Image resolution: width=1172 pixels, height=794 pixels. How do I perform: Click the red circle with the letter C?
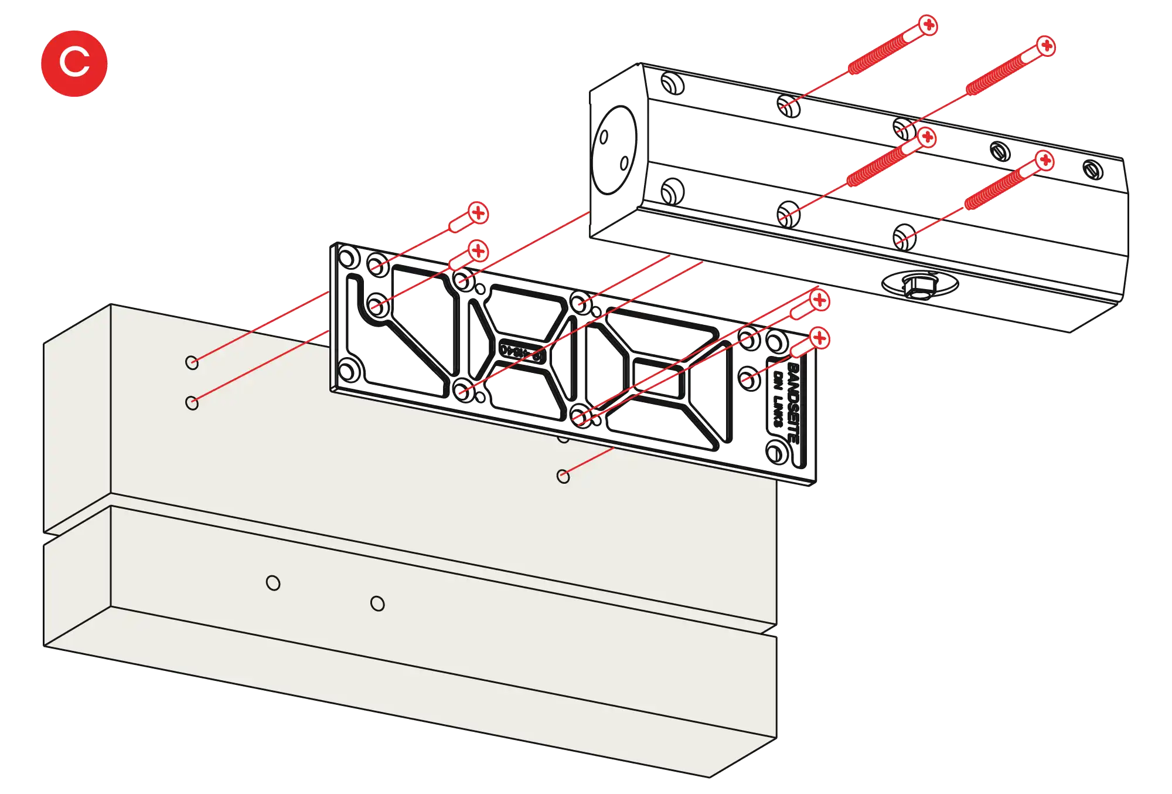[x=74, y=62]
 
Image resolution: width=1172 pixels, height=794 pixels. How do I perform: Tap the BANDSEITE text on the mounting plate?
[x=791, y=402]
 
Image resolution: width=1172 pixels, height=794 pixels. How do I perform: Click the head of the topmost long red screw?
[x=928, y=26]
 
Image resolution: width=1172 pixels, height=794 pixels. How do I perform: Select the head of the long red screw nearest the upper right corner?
[x=1046, y=46]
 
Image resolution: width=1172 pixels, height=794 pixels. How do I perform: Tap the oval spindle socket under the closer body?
[x=921, y=284]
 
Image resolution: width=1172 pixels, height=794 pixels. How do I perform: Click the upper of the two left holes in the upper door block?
[x=192, y=362]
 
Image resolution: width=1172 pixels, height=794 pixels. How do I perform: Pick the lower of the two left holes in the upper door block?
[x=192, y=403]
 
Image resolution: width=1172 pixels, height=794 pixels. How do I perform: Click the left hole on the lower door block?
[x=273, y=583]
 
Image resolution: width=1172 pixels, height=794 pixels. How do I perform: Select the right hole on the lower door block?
[x=378, y=603]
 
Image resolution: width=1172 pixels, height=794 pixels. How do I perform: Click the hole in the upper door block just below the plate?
[x=563, y=476]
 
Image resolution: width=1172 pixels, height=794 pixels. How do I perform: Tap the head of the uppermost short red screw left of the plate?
[x=478, y=212]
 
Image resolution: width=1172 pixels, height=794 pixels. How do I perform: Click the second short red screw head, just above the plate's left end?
[x=478, y=251]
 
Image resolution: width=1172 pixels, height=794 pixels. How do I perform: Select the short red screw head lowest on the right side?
[x=819, y=338]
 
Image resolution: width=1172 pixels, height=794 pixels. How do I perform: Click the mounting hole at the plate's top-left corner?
[x=349, y=257]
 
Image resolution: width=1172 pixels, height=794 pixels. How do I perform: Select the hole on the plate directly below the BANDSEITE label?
[x=775, y=452]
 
